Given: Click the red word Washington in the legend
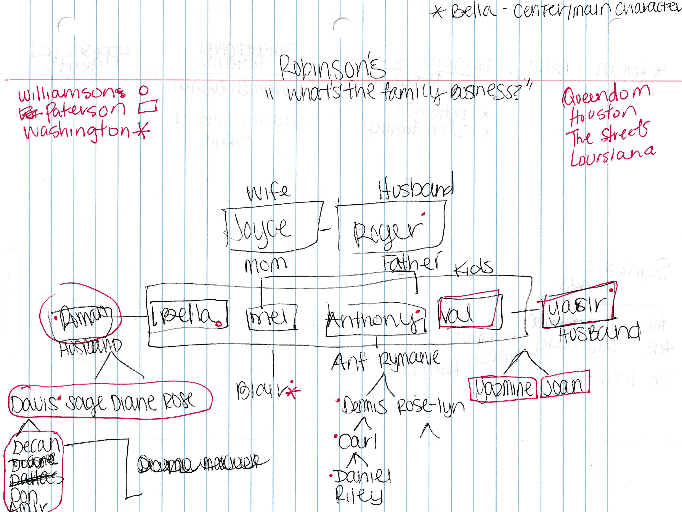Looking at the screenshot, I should tap(77, 131).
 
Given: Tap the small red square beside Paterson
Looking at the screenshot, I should tap(148, 107).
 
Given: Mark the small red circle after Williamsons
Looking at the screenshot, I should tap(143, 90).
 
